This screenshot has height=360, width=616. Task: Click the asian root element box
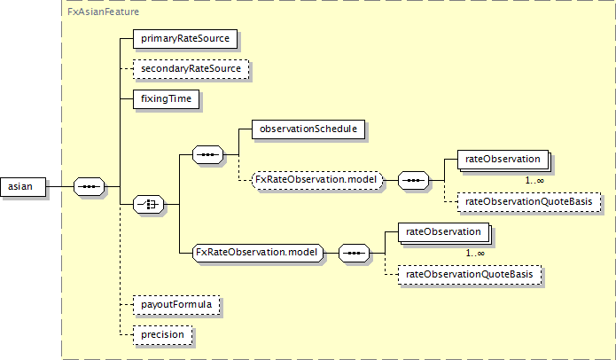tap(23, 187)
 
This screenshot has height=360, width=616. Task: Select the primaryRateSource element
tap(185, 39)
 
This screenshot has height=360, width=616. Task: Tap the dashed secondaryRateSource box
tap(191, 69)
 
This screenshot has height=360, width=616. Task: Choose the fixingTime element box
tap(166, 99)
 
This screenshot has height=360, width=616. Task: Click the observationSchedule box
tap(308, 129)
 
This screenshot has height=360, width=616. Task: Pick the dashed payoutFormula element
tap(176, 305)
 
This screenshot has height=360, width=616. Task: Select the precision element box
tap(163, 335)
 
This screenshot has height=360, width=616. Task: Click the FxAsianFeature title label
tap(104, 12)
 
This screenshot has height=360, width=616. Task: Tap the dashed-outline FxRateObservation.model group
tap(317, 180)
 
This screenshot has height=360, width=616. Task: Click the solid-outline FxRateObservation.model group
tap(258, 253)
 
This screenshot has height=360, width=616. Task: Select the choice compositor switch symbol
tap(149, 204)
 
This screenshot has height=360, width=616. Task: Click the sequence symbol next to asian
tap(90, 187)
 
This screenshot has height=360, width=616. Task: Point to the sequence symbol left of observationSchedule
tap(207, 155)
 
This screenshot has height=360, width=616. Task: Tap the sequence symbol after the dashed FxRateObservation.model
tap(413, 180)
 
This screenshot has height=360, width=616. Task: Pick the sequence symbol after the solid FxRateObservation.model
tap(354, 253)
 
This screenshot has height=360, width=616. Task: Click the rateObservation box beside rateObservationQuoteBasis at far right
tap(503, 160)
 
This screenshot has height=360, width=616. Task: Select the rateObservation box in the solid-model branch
tap(443, 232)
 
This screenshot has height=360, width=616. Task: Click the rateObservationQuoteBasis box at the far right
tap(529, 202)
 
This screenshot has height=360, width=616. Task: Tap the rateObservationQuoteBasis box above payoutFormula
tap(470, 275)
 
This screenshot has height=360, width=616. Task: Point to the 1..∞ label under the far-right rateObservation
tap(534, 180)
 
